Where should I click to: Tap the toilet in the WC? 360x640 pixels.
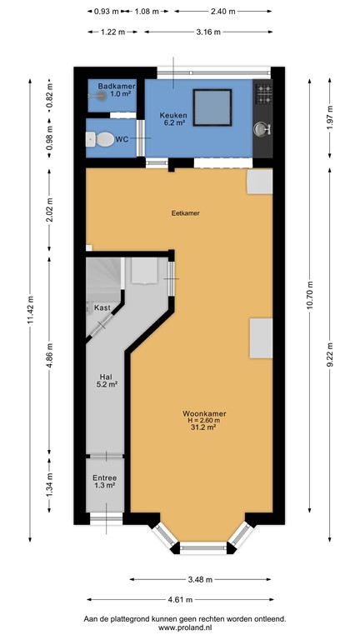(x=103, y=140)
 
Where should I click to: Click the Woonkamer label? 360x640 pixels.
(x=205, y=413)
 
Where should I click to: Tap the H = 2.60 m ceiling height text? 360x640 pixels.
(x=205, y=421)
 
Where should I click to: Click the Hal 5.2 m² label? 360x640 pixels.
(x=106, y=379)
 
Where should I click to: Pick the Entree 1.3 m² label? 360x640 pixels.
(x=105, y=481)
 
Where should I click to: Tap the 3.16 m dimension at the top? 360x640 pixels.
(x=202, y=32)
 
